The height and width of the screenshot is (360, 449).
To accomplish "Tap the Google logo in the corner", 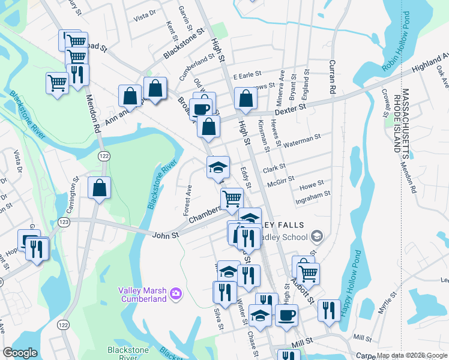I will click(20, 353).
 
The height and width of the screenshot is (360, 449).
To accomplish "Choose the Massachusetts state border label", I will click(405, 119).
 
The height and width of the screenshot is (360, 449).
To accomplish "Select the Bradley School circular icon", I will click(318, 236).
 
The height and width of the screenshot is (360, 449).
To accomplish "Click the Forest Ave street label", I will click(187, 200).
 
